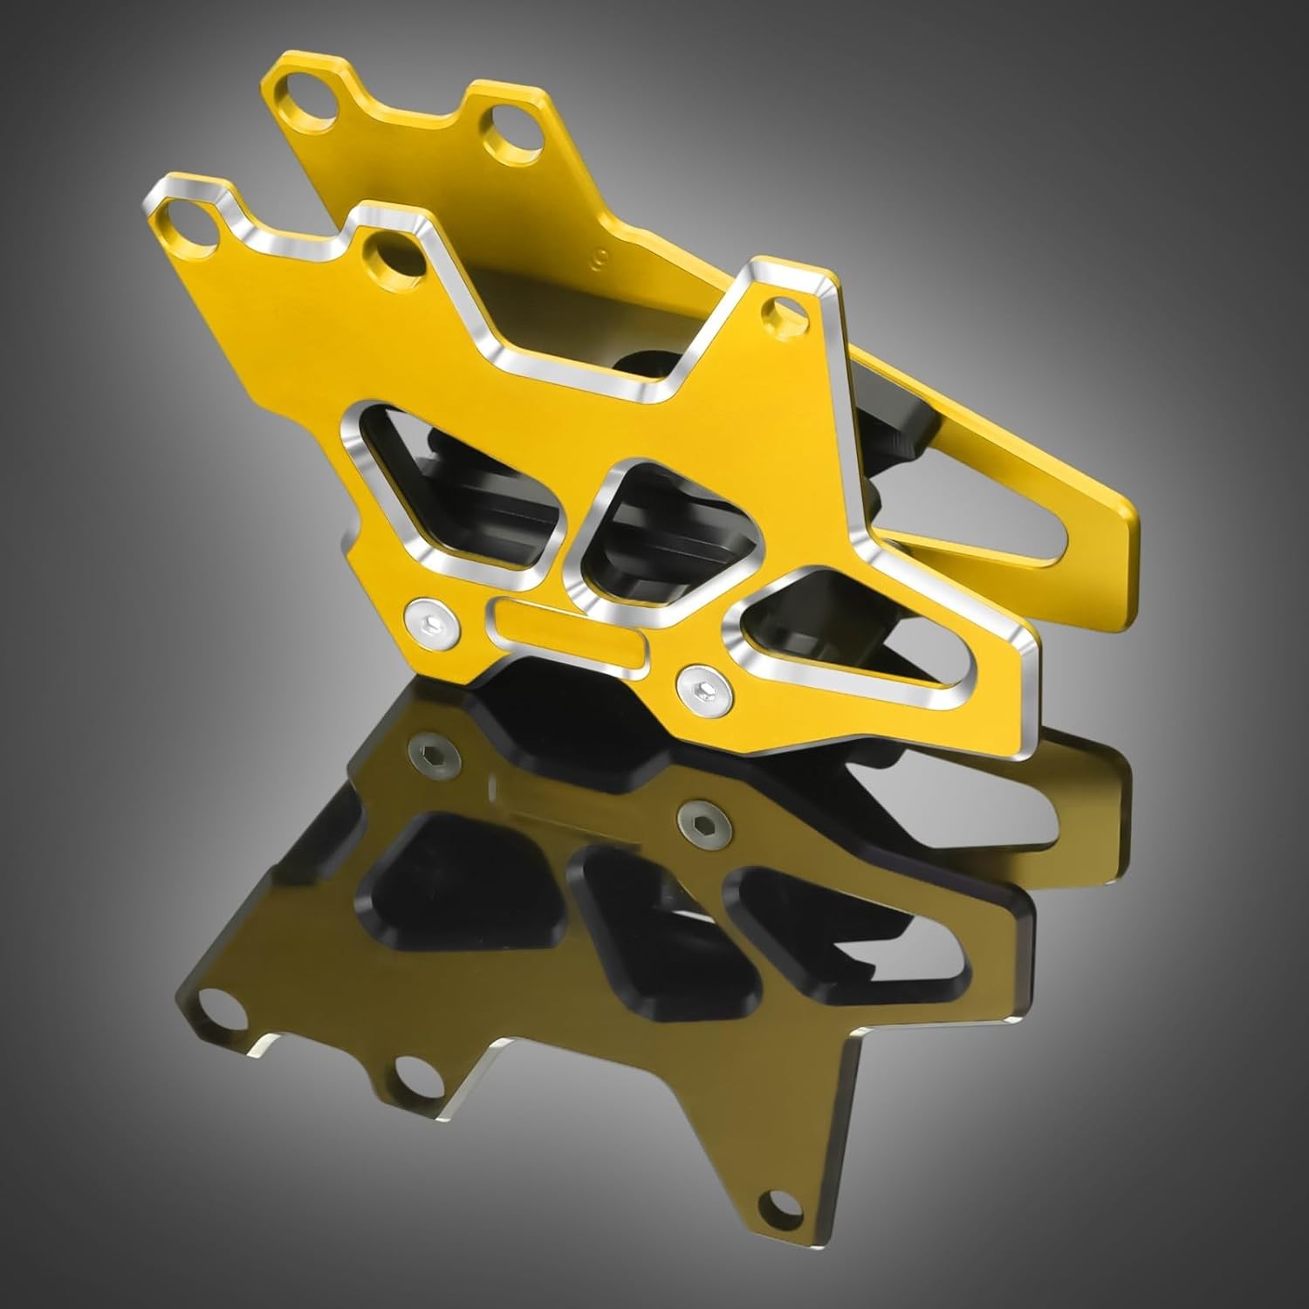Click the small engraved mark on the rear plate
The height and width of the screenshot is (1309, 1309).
point(599,258)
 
